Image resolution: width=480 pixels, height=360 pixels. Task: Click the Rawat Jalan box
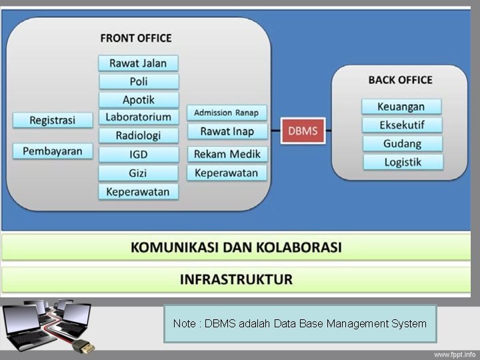138,63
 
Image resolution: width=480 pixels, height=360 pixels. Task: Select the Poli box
139,81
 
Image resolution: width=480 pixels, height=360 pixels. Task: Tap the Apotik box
139,99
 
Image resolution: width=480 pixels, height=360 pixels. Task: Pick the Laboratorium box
139,117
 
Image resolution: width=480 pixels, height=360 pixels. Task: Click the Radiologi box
139,135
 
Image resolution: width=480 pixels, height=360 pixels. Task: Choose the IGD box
139,155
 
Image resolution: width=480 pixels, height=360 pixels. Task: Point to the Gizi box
139,173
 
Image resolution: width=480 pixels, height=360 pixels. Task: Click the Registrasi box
52,120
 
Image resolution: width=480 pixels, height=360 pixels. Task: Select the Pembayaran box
52,151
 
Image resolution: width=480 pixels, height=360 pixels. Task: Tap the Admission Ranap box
227,113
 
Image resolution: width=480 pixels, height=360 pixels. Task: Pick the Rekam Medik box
227,154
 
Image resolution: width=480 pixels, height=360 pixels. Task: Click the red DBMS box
303,131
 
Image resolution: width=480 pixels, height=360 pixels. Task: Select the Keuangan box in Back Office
401,107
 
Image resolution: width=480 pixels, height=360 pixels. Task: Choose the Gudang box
401,143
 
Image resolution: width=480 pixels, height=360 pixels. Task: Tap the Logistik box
401,162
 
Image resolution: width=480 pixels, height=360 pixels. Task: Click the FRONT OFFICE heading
136,38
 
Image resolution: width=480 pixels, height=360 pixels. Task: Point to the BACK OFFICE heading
400,80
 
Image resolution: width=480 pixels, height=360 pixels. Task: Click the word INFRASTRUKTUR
236,279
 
